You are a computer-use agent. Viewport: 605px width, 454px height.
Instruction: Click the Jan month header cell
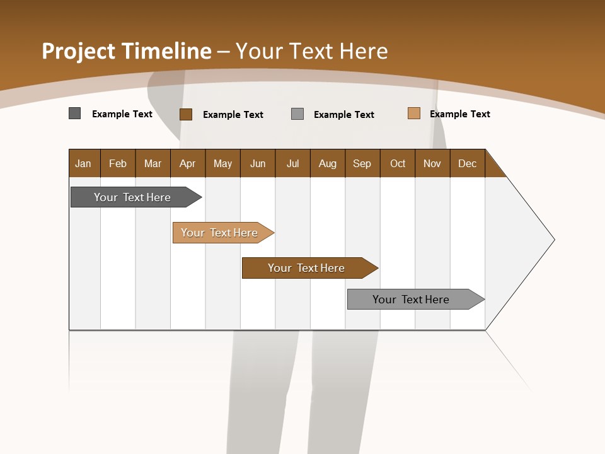84,163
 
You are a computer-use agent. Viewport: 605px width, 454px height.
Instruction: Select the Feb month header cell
118,163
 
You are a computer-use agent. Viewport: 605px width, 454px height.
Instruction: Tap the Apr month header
188,163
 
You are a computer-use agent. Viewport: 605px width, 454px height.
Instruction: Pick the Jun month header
258,163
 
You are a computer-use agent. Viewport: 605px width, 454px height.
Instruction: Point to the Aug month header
328,163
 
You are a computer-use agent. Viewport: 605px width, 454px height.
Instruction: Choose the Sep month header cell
362,163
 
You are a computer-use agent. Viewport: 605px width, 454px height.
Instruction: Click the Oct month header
398,163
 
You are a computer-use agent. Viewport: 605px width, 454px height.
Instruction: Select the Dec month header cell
468,163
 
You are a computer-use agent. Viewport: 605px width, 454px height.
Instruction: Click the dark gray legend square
75,113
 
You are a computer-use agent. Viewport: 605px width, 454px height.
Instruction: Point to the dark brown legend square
186,114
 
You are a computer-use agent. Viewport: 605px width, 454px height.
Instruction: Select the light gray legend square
297,114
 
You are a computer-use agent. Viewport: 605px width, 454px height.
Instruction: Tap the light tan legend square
413,113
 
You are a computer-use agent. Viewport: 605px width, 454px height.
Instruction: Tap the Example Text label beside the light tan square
459,114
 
